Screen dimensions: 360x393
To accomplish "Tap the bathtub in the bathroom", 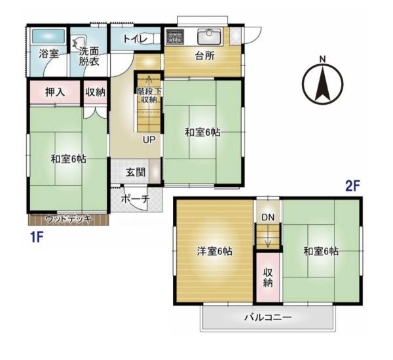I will (x=47, y=36).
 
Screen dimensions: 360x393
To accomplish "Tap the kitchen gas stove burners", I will (x=174, y=36).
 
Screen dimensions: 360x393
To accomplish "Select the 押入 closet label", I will (x=54, y=92).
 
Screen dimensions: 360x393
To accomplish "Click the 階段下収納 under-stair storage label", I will (x=148, y=95).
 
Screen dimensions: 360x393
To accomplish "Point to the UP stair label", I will (x=149, y=139).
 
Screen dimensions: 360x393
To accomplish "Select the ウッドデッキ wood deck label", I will (x=68, y=218).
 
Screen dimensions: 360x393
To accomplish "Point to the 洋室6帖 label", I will (x=215, y=250).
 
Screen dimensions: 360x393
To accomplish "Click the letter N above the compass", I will (x=322, y=60).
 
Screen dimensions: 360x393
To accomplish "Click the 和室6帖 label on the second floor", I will (x=320, y=250).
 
